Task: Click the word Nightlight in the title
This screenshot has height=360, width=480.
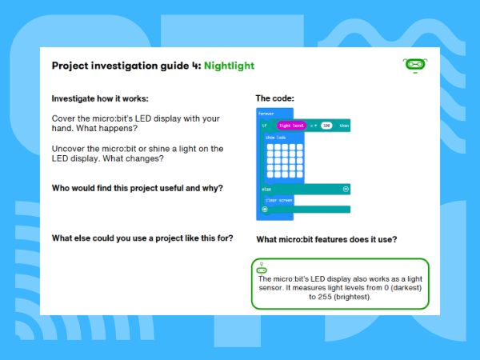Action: click(229, 66)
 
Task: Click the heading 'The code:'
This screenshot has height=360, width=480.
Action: click(274, 98)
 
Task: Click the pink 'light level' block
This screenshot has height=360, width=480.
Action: click(290, 126)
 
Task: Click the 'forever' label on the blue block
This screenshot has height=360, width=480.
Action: click(266, 114)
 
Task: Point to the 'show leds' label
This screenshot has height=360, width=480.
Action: click(276, 138)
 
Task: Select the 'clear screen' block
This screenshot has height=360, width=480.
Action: click(278, 199)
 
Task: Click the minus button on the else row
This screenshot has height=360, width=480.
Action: click(346, 189)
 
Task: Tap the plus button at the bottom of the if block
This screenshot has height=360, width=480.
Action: click(265, 210)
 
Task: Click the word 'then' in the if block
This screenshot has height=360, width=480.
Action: click(344, 126)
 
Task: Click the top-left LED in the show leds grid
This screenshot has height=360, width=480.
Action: click(271, 146)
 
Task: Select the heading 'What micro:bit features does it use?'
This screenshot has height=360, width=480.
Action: click(326, 239)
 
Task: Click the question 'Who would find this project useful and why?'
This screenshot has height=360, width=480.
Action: click(137, 188)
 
